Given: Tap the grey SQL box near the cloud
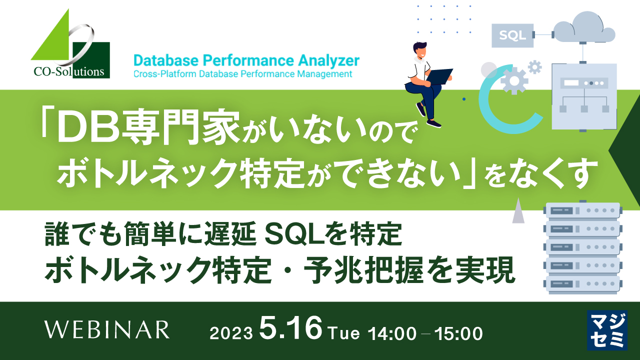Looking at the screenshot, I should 512,35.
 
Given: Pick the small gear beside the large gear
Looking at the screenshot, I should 535,66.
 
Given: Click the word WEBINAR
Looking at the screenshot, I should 107,330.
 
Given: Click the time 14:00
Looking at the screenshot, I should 392,333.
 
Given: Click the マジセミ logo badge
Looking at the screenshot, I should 606,330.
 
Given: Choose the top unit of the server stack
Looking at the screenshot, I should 583,210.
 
